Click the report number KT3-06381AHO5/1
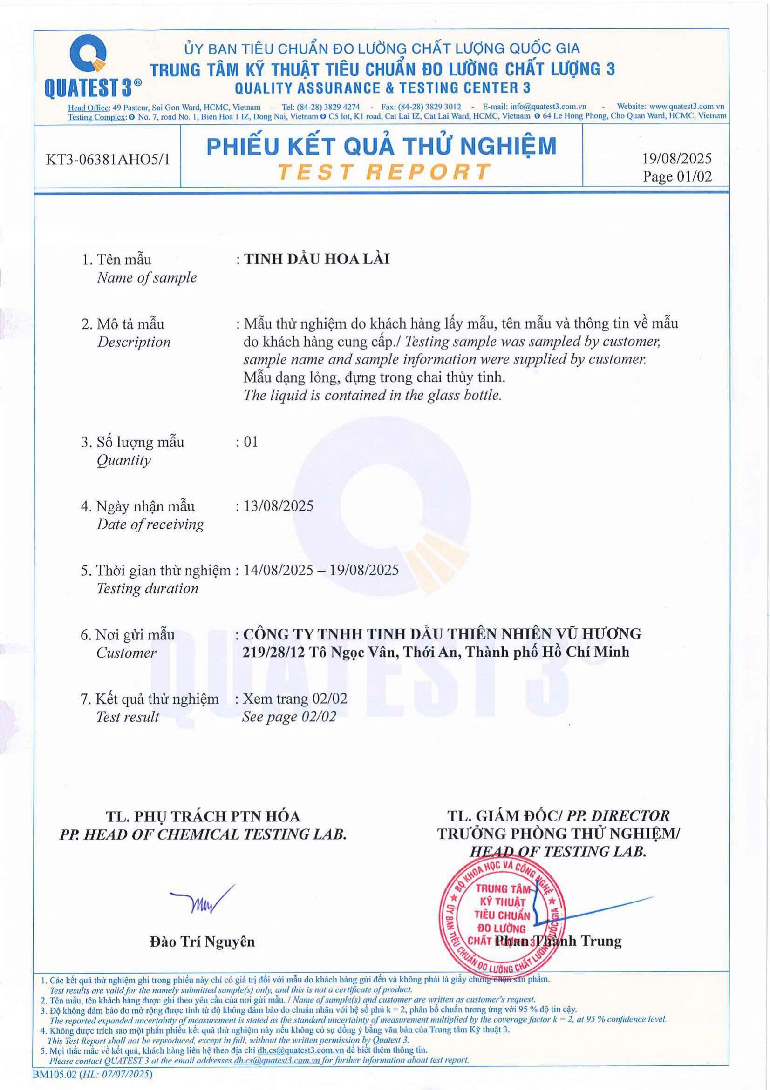tap(107, 160)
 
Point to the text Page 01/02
tap(677, 176)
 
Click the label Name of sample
tap(146, 277)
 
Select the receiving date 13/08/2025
tap(278, 505)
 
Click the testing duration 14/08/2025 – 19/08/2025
tap(320, 570)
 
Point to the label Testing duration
tap(147, 588)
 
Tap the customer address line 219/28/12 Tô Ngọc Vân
tap(436, 652)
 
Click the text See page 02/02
tap(289, 716)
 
